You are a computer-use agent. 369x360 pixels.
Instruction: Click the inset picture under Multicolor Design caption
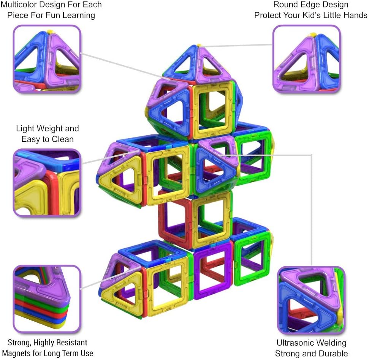pyautogui.click(x=47, y=59)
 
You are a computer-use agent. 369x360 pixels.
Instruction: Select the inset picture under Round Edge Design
pyautogui.click(x=306, y=59)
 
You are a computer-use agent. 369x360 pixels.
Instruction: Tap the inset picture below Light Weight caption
pyautogui.click(x=47, y=183)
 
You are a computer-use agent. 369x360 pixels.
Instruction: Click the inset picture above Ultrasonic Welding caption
pyautogui.click(x=311, y=300)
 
